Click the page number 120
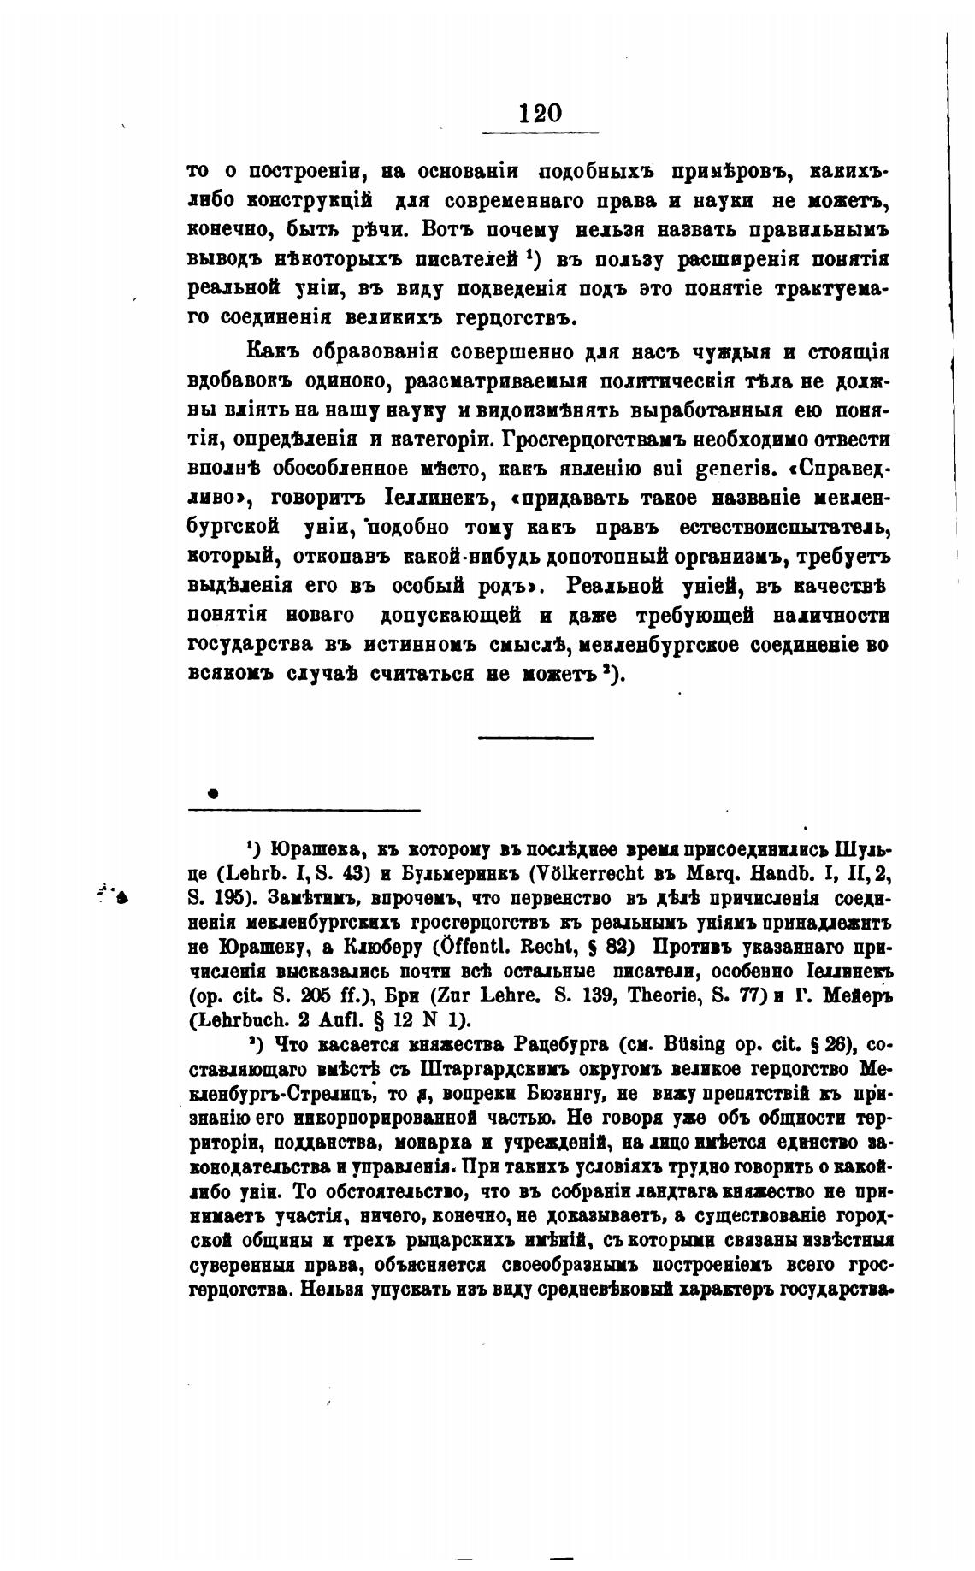[x=540, y=113]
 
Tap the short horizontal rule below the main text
[x=535, y=738]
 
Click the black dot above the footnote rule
[x=214, y=793]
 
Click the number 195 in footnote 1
[x=231, y=899]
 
